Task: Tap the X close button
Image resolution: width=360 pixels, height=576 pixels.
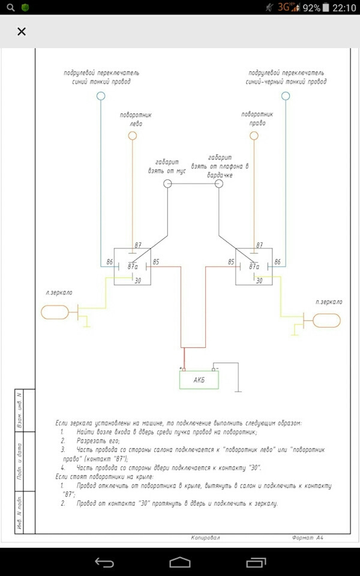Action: (22, 32)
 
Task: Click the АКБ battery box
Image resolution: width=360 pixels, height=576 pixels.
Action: (199, 380)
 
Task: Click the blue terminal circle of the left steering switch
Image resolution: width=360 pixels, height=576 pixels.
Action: (101, 96)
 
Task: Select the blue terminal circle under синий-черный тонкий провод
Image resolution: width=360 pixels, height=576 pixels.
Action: (286, 96)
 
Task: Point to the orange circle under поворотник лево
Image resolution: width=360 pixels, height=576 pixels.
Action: (133, 136)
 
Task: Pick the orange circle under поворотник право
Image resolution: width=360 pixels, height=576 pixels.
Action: (254, 136)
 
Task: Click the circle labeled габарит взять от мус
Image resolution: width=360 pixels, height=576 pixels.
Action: (168, 184)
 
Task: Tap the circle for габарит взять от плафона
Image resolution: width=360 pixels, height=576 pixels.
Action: (219, 184)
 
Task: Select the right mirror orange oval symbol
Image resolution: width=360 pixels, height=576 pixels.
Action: (328, 320)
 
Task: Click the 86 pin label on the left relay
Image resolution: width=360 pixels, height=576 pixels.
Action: (110, 262)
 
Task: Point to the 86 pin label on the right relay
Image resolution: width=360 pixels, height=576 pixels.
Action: (277, 262)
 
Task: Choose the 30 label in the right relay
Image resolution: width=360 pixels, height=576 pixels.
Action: (259, 280)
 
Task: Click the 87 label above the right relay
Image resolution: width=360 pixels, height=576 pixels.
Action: (259, 245)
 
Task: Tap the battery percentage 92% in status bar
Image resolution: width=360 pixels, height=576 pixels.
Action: (311, 8)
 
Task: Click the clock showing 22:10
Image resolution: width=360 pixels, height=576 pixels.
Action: (344, 8)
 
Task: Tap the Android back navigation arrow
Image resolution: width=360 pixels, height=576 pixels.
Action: (104, 562)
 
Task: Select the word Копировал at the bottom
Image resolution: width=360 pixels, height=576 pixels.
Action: (206, 538)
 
